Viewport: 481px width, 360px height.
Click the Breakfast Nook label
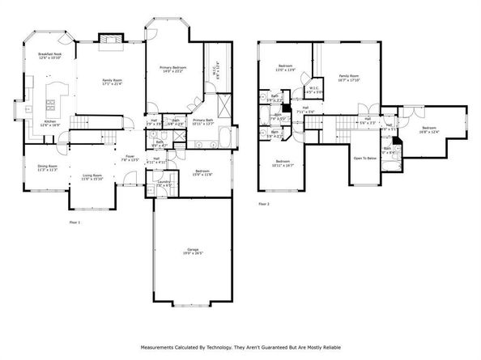coord(50,56)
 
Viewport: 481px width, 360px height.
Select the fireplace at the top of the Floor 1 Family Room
coord(109,38)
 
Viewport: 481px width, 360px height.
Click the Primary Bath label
coord(202,121)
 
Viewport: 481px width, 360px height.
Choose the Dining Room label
coord(47,167)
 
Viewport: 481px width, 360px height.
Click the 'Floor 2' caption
coord(263,204)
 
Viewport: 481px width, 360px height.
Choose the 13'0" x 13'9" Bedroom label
coord(286,67)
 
